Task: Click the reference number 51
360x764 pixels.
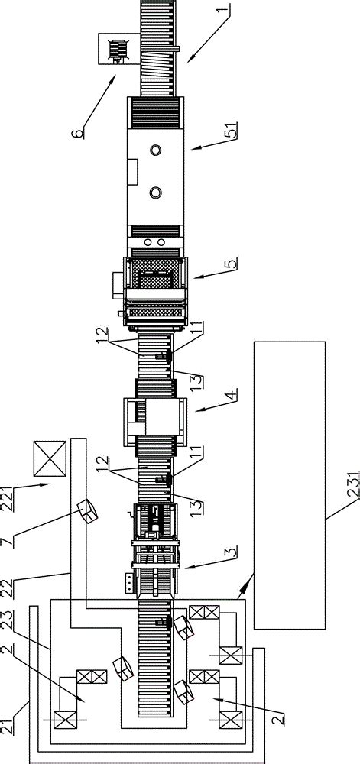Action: tap(232, 130)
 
